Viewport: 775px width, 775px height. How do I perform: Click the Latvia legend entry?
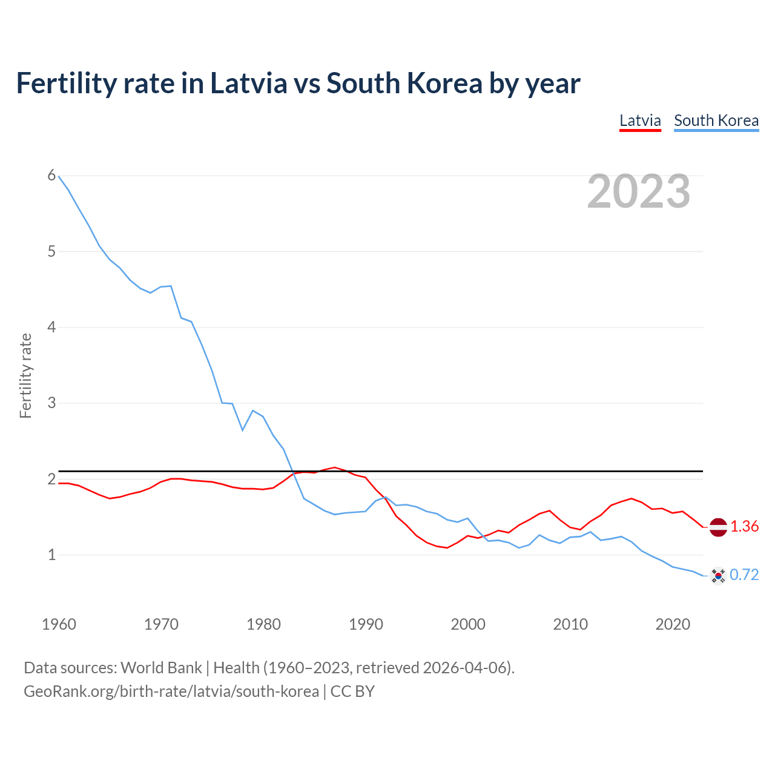640,120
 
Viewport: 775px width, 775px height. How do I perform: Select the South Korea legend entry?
716,120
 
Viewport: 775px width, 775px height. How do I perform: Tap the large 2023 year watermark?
639,191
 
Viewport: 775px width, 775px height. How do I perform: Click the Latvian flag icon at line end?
718,527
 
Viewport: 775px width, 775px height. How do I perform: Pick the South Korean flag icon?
718,575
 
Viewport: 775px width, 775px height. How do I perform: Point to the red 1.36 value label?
744,527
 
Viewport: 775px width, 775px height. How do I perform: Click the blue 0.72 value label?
744,575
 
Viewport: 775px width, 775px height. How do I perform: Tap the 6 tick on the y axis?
51,176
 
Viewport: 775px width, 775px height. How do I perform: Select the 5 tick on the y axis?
51,251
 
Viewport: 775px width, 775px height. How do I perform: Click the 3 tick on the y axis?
51,403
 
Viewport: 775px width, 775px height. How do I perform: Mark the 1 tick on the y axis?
51,555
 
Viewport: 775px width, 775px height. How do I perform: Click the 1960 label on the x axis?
59,624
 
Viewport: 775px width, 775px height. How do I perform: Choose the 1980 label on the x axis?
263,624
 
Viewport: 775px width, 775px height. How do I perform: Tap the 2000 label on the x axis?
468,624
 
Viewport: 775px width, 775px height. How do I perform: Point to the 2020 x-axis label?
673,624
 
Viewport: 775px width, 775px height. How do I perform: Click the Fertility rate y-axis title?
25,375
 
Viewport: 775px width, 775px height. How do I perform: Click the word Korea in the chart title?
444,84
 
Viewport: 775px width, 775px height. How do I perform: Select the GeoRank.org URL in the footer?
171,691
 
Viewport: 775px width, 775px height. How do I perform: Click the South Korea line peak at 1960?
59,176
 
